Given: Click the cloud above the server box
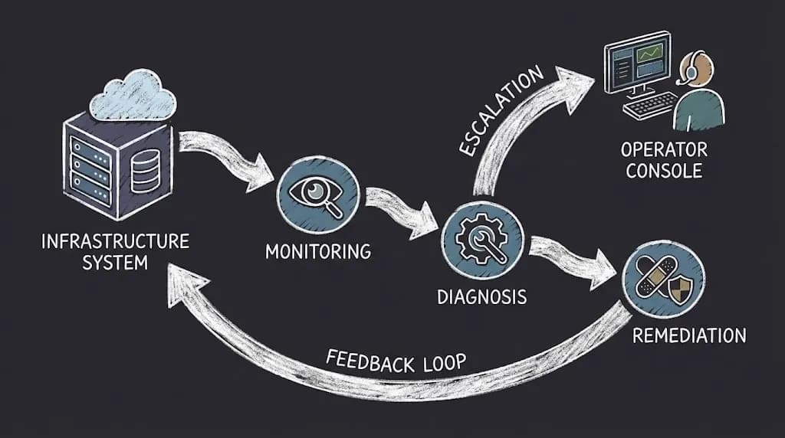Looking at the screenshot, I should (x=133, y=96).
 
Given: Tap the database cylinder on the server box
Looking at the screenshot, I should (x=146, y=169).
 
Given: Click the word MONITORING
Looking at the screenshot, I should (x=318, y=250).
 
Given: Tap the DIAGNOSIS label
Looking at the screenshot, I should (x=482, y=296).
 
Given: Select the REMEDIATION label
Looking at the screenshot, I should (x=688, y=335).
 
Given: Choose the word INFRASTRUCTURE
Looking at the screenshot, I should (x=115, y=242).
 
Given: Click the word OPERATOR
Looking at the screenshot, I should (x=664, y=149).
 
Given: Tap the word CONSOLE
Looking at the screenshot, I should (x=664, y=170).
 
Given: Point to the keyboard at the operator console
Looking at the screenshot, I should (x=650, y=106).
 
